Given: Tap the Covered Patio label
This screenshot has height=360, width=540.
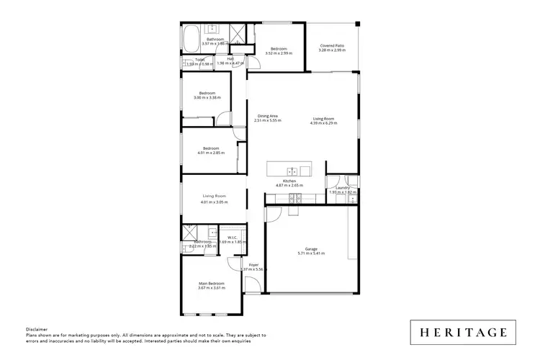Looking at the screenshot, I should pyautogui.click(x=332, y=47).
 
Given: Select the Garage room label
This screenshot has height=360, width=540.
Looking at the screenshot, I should pyautogui.click(x=312, y=249).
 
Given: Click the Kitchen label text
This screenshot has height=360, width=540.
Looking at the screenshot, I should pyautogui.click(x=289, y=181).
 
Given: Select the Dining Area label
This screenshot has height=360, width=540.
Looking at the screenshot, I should pyautogui.click(x=268, y=117).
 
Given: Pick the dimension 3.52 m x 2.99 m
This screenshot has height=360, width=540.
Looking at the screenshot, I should pyautogui.click(x=279, y=53).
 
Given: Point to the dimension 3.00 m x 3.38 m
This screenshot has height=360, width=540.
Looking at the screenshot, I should pyautogui.click(x=208, y=98).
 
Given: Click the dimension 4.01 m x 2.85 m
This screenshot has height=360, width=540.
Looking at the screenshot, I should pyautogui.click(x=210, y=153).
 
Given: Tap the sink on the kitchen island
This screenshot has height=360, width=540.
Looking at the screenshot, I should pyautogui.click(x=292, y=171).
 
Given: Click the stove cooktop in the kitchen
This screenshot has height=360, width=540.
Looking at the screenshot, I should pyautogui.click(x=293, y=197).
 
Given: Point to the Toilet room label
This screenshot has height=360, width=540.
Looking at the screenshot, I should pyautogui.click(x=199, y=59).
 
